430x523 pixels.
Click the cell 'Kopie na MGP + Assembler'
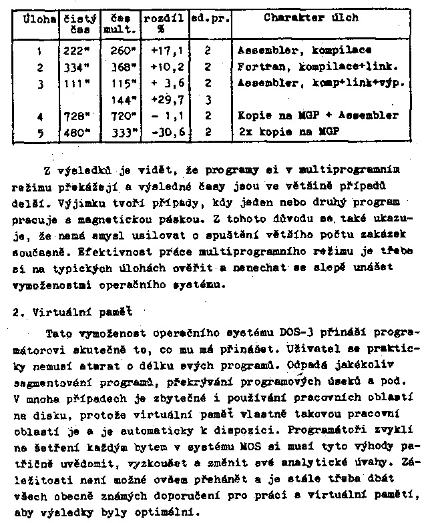(x=317, y=116)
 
